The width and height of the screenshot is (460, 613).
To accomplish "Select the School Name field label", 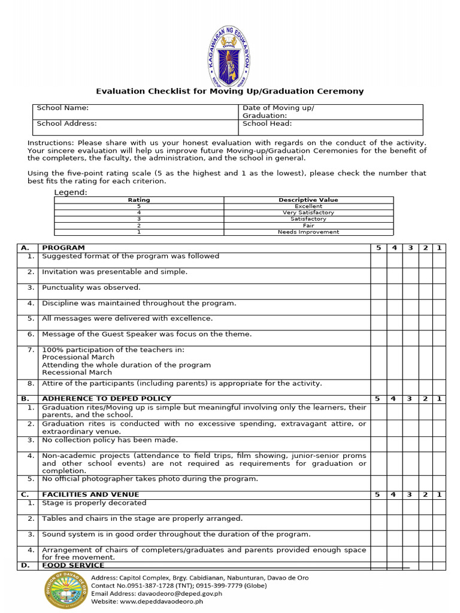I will pos(63,108).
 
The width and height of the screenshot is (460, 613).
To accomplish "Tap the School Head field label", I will pos(267,124).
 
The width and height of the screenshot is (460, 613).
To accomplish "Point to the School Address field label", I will pos(66,124).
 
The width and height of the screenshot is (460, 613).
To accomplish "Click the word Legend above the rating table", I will pos(71,192).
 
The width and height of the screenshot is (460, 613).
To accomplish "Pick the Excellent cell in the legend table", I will pos(308,206).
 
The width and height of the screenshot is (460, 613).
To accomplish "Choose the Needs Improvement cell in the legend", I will pos(308,232).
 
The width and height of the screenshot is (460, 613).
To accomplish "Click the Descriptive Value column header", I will pos(308,200).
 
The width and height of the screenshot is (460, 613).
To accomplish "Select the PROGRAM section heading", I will pos(63,248).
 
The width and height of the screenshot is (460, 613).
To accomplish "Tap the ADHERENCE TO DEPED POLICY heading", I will pos(107,399).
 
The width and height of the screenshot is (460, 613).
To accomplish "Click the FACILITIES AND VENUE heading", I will pos(90,494).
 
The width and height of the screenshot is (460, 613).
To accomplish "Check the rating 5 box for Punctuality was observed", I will pos(378,291).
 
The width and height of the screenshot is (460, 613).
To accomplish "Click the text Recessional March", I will pos(77,372).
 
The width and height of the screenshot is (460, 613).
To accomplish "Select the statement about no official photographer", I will pos(150,479).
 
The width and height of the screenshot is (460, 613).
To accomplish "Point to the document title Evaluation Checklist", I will pos(230,92).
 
